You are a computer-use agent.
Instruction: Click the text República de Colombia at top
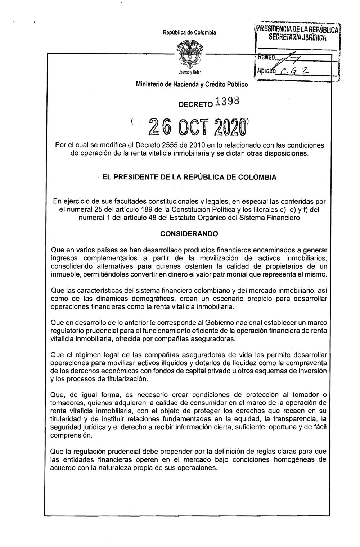pyautogui.click(x=189, y=33)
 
